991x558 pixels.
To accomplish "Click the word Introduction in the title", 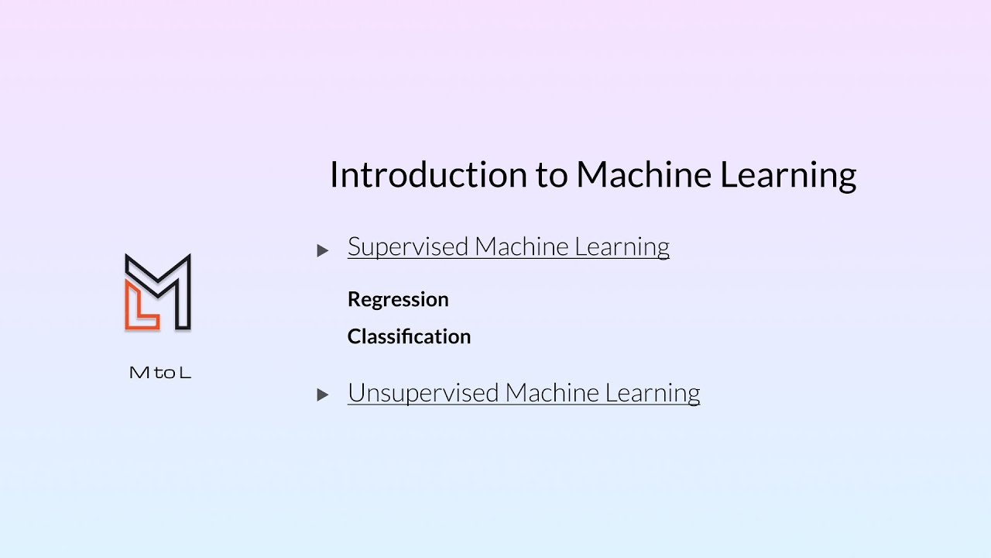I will (428, 175).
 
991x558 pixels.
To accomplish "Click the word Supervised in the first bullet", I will (408, 247).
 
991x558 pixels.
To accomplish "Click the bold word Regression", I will (398, 300).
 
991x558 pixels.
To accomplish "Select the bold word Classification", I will (409, 336).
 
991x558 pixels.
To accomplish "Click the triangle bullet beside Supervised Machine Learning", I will (323, 250).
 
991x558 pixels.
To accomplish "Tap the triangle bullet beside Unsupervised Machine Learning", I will (323, 395).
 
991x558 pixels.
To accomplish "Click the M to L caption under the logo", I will (159, 373).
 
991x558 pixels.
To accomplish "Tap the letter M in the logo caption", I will (139, 373).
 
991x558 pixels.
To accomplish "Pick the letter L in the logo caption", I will (184, 373).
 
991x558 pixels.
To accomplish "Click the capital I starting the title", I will (334, 175).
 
